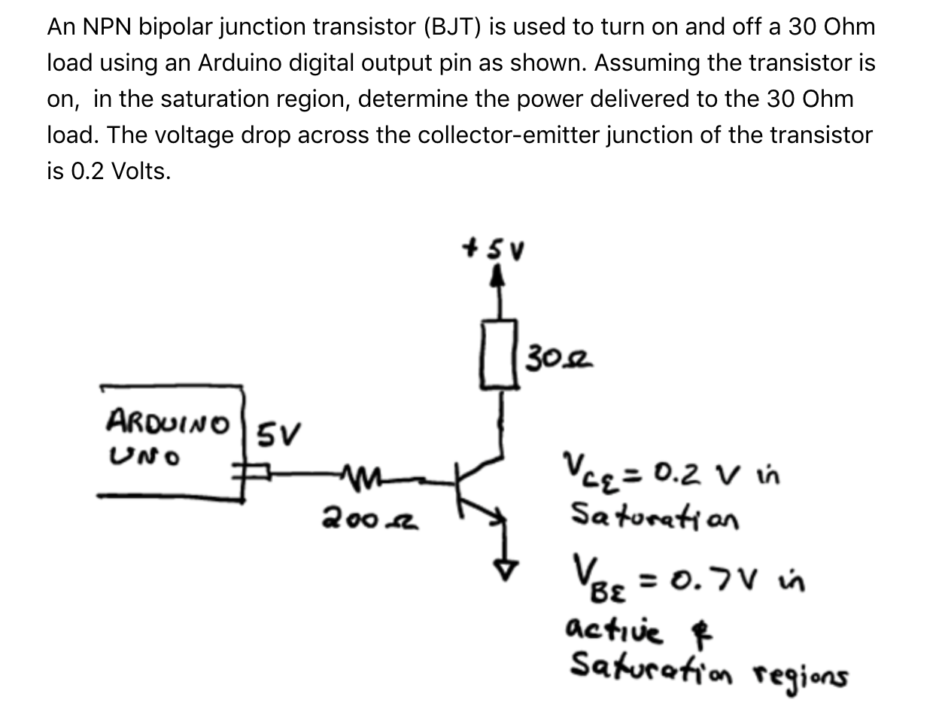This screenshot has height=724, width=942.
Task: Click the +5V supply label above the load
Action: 496,248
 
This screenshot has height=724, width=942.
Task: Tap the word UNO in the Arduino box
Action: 144,455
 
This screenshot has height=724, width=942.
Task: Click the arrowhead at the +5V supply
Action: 497,278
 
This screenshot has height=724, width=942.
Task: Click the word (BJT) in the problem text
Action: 451,27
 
